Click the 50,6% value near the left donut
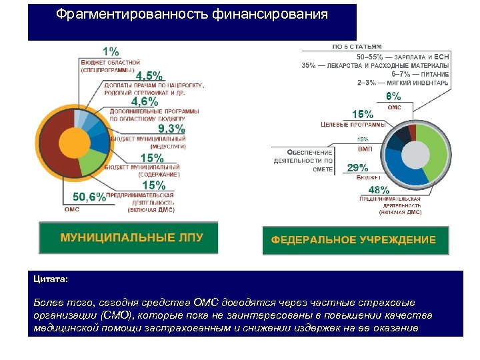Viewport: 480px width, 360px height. click(89, 197)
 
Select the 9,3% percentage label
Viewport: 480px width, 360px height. click(171, 129)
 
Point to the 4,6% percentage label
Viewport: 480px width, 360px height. click(145, 101)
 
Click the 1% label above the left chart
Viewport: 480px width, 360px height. click(111, 51)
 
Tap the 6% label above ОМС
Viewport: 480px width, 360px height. click(394, 96)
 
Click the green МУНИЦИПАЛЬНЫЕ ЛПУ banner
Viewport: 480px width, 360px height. click(129, 238)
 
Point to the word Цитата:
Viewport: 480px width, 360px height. click(51, 279)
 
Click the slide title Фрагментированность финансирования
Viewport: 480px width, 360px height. click(192, 15)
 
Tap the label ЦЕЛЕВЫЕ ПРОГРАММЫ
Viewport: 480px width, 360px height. click(353, 125)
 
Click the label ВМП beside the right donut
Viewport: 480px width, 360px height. click(365, 149)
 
